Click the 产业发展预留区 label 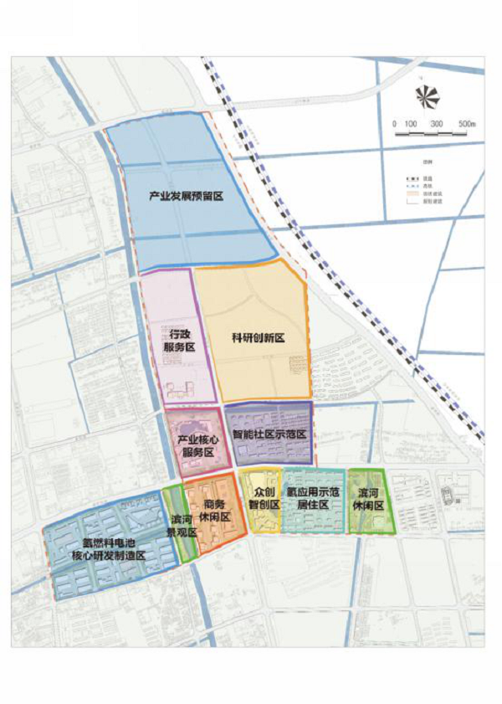[x=187, y=196]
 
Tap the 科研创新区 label [x=259, y=337]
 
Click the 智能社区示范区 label [x=269, y=435]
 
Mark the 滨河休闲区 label [x=369, y=500]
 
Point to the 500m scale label [x=466, y=124]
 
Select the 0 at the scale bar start [x=394, y=124]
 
